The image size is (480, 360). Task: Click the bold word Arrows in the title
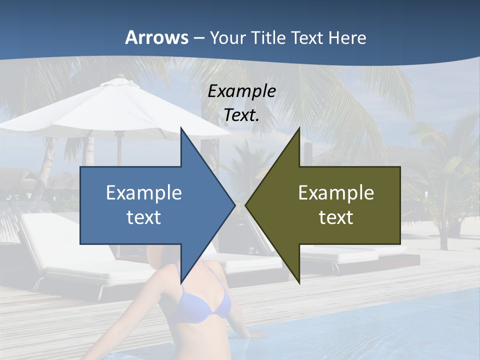click(156, 37)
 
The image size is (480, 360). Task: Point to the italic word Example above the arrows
click(241, 91)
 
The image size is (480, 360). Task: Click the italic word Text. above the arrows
click(241, 115)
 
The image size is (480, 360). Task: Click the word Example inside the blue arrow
click(144, 193)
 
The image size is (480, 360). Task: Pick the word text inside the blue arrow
click(144, 217)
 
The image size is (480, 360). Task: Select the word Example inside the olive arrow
click(336, 193)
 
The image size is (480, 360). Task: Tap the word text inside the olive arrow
click(336, 217)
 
